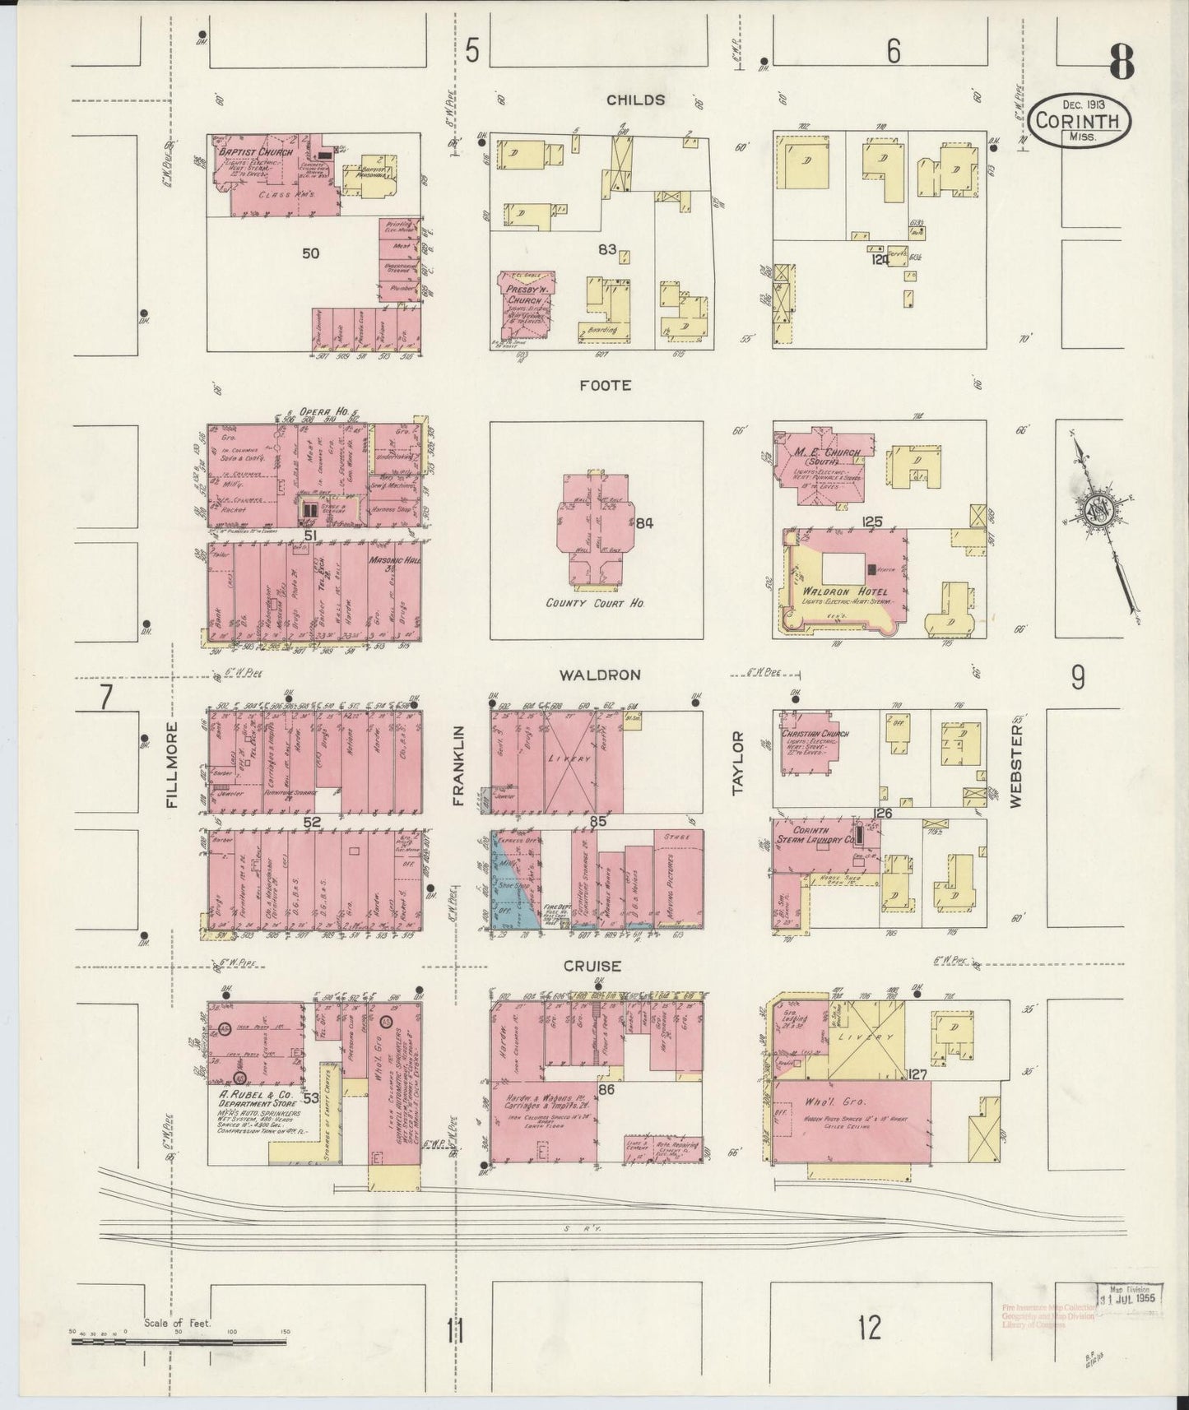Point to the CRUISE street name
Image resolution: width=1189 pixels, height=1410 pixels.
(592, 966)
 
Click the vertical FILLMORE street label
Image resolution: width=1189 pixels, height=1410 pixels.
(172, 765)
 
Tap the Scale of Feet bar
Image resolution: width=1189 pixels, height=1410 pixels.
(179, 1342)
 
